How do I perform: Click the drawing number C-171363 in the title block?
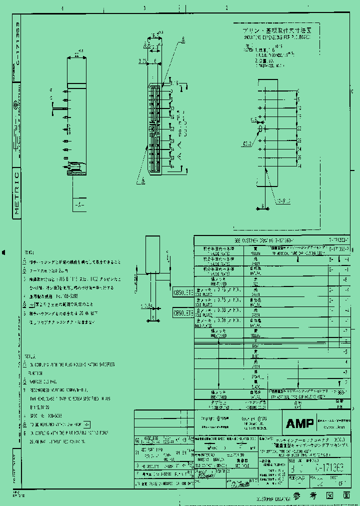point(329,468)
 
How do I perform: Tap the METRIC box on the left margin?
point(16,194)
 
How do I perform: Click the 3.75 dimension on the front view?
point(142,61)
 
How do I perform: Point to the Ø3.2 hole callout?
point(248,143)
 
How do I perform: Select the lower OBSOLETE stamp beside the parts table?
point(182,313)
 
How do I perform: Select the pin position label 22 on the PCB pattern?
point(298,128)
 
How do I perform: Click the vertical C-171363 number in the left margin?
point(16,45)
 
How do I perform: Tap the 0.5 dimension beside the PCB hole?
point(254,119)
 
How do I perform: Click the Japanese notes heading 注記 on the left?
point(29,252)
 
